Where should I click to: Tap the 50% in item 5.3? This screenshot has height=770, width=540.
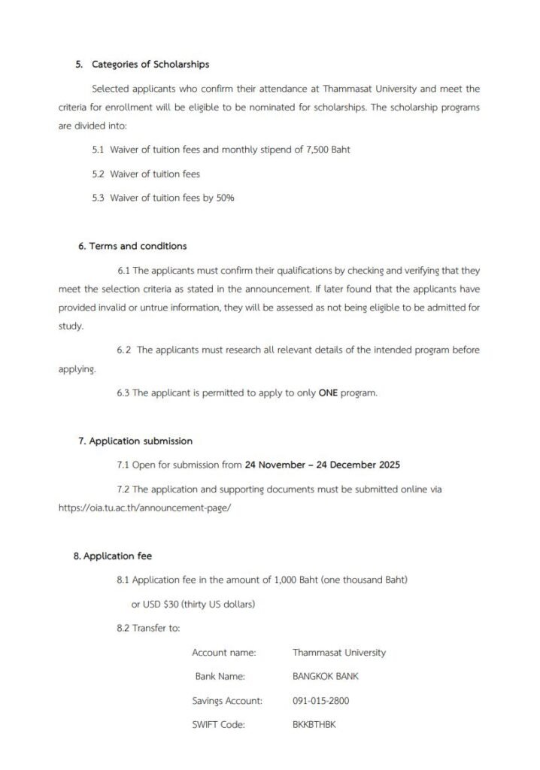tap(225, 198)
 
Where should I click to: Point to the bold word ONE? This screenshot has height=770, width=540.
tap(328, 393)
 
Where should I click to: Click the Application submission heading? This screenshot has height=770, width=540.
tap(141, 441)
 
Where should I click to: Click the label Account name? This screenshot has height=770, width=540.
tap(223, 652)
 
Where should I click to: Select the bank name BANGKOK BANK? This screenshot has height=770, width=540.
tap(325, 676)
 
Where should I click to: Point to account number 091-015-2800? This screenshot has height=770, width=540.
tap(320, 701)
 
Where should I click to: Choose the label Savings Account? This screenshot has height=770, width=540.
tap(227, 701)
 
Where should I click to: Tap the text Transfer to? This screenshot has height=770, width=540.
tap(156, 628)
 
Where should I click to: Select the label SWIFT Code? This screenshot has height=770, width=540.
tap(219, 725)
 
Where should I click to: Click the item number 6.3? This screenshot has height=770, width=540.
tap(123, 393)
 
